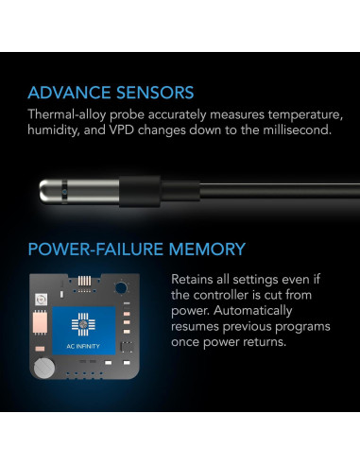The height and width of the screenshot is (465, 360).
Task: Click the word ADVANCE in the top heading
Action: pyautogui.click(x=70, y=93)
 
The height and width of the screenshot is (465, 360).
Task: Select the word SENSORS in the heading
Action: pyautogui.click(x=155, y=93)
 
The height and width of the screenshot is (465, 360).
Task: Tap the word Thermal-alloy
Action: pyautogui.click(x=67, y=115)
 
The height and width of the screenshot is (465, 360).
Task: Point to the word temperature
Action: pyautogui.click(x=305, y=115)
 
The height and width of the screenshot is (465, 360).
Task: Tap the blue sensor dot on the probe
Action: pyautogui.click(x=65, y=192)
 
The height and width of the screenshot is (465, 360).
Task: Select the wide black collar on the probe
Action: pyautogui.click(x=140, y=192)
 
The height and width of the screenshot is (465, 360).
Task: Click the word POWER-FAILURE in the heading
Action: pyautogui.click(x=95, y=250)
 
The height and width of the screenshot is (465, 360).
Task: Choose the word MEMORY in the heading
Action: pyautogui.click(x=207, y=250)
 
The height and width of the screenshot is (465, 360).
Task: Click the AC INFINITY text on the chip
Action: pyautogui.click(x=83, y=346)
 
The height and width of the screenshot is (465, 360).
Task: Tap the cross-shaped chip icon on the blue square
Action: pyautogui.click(x=83, y=324)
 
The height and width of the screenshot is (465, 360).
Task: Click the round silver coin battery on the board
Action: pyautogui.click(x=44, y=368)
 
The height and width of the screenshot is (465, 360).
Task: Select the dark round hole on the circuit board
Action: pyautogui.click(x=121, y=288)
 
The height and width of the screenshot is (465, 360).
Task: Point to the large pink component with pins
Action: pyautogui.click(x=40, y=322)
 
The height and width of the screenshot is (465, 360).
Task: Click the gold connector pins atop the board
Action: pyautogui.click(x=84, y=281)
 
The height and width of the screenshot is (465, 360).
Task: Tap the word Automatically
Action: pyautogui.click(x=253, y=311)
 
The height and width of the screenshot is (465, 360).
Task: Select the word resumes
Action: pyautogui.click(x=195, y=326)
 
